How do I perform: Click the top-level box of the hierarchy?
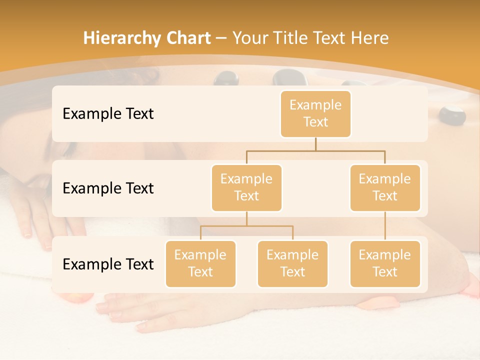pyautogui.click(x=315, y=113)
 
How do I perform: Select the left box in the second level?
pyautogui.click(x=246, y=187)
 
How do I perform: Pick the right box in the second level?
pyautogui.click(x=385, y=187)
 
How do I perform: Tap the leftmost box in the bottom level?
pyautogui.click(x=200, y=263)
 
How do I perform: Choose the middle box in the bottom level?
pyautogui.click(x=292, y=263)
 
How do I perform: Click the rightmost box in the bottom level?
pyautogui.click(x=385, y=263)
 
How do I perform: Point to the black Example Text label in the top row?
pyautogui.click(x=108, y=114)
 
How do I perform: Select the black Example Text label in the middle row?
pyautogui.click(x=108, y=188)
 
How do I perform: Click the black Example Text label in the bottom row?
pyautogui.click(x=108, y=264)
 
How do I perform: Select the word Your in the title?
pyautogui.click(x=250, y=38)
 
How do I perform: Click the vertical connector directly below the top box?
pyautogui.click(x=315, y=144)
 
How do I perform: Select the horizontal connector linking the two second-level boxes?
pyautogui.click(x=315, y=150)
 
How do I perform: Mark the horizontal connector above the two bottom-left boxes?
pyautogui.click(x=246, y=226)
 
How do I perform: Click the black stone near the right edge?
pyautogui.click(x=452, y=114)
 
